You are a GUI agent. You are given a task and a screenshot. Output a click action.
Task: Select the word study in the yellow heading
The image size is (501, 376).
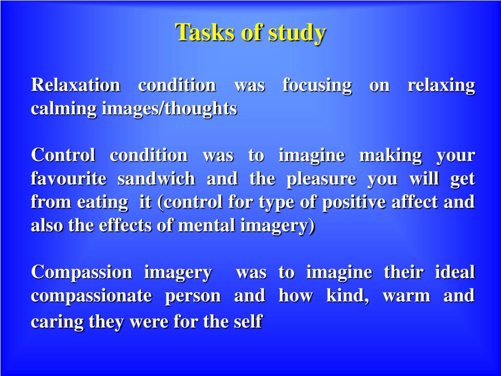(296, 34)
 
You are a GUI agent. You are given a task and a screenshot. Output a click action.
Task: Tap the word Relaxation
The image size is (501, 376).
(76, 85)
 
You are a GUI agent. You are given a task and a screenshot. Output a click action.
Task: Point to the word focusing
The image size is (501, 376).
(317, 86)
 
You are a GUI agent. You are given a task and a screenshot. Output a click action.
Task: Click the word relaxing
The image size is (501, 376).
(441, 86)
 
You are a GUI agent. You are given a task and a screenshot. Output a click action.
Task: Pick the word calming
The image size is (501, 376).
(64, 109)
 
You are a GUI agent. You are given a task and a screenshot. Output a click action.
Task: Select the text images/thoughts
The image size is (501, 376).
(169, 109)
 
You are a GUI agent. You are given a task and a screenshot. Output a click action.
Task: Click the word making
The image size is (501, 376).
(390, 156)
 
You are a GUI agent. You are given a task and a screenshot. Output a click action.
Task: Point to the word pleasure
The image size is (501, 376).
(321, 180)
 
